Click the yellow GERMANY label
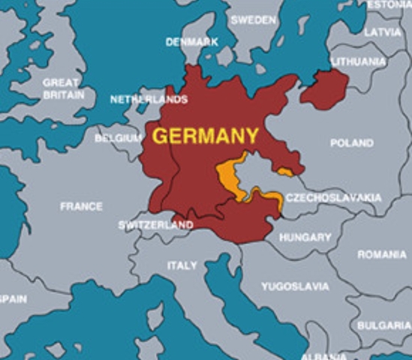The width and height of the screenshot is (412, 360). click(x=206, y=136)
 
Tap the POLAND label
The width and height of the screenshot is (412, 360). click(x=351, y=142)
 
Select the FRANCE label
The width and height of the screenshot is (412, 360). click(x=81, y=206)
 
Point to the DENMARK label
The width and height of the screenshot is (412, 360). click(x=191, y=42)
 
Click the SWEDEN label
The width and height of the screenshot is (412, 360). click(x=253, y=20)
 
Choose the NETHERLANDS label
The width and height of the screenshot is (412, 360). click(x=149, y=99)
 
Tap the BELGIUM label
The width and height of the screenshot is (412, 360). click(x=118, y=138)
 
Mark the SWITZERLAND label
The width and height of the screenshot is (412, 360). click(x=155, y=225)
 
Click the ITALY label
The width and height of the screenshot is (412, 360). click(x=182, y=265)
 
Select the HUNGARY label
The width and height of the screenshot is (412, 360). click(x=305, y=237)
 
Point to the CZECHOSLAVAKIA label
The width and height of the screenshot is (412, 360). click(x=333, y=198)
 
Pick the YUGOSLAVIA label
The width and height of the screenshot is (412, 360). click(x=295, y=286)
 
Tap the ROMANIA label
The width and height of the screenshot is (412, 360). click(x=381, y=255)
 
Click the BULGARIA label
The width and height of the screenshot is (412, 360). click(x=383, y=325)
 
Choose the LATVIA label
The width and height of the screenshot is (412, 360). click(x=383, y=32)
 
